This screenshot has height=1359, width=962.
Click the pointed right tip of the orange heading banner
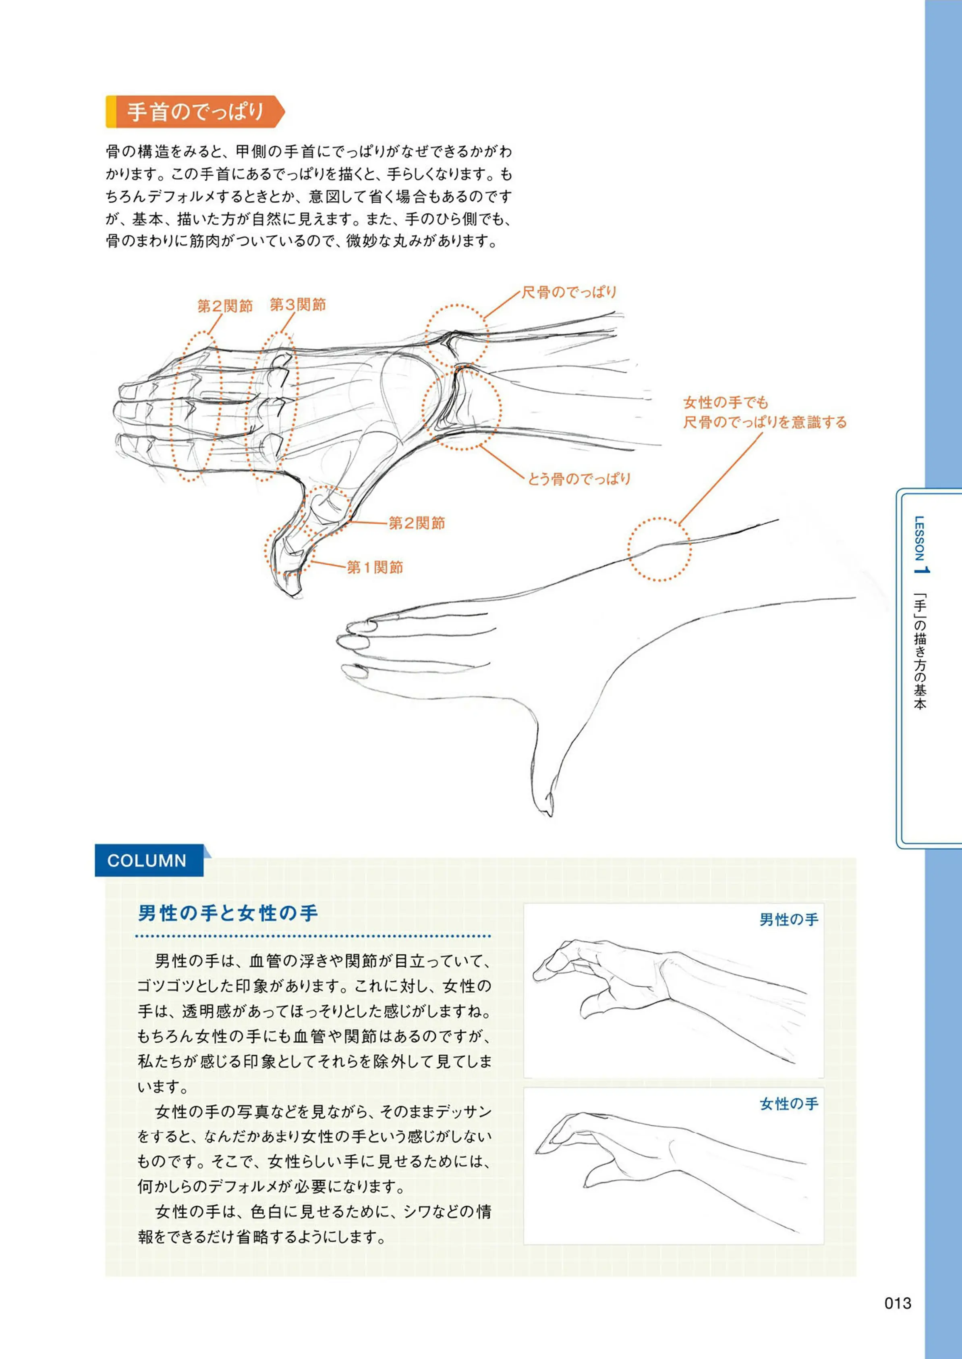[x=285, y=112]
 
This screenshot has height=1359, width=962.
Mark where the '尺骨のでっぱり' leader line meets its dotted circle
[x=484, y=320]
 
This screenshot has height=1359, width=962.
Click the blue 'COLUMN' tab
[x=149, y=860]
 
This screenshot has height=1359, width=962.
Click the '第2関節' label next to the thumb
[x=417, y=523]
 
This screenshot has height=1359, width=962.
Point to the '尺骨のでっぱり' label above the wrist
[x=569, y=292]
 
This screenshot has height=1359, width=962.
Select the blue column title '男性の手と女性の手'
[x=228, y=913]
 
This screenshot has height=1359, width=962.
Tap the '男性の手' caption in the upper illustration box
[x=788, y=919]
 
